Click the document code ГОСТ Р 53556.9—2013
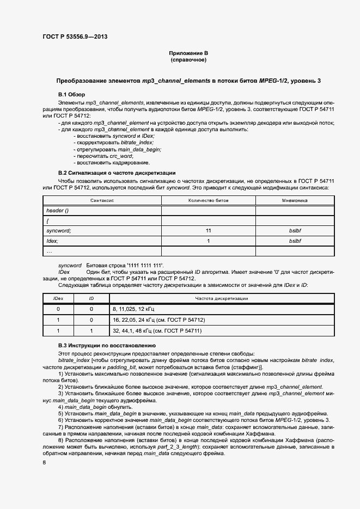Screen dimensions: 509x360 [x=75, y=36]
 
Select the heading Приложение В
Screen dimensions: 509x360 [x=188, y=53]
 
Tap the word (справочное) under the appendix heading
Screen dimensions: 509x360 [x=188, y=60]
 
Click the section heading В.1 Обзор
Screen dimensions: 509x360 [x=71, y=95]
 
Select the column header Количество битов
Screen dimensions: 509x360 [x=209, y=200]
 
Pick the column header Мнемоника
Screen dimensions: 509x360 [x=295, y=200]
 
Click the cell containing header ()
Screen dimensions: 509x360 [x=58, y=211]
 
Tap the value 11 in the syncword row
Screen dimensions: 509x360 [x=209, y=231]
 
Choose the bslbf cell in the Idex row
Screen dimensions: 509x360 [x=295, y=241]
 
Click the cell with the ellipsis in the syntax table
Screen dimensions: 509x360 [x=50, y=251]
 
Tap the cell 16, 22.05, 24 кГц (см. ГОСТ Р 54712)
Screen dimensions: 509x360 [x=159, y=320]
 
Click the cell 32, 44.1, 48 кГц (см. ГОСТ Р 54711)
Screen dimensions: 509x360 [x=157, y=330]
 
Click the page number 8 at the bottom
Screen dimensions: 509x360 [x=44, y=462]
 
